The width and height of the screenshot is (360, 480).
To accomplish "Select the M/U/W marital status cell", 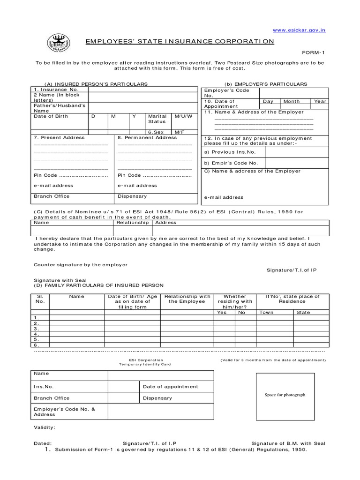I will (x=183, y=116).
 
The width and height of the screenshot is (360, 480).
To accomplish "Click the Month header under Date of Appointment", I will (x=292, y=101).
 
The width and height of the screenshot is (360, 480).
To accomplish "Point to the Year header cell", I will (x=320, y=101).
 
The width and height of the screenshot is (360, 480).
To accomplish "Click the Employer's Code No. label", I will (x=226, y=92).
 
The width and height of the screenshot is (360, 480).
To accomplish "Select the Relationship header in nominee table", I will (x=133, y=223).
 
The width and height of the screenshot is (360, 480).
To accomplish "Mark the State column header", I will (x=303, y=312).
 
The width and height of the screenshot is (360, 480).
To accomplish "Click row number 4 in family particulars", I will (x=36, y=334).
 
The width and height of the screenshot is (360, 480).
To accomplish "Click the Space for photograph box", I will (x=285, y=395).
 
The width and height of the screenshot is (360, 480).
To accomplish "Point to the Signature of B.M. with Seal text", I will (x=288, y=443).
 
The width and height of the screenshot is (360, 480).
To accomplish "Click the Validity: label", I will (x=45, y=427).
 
